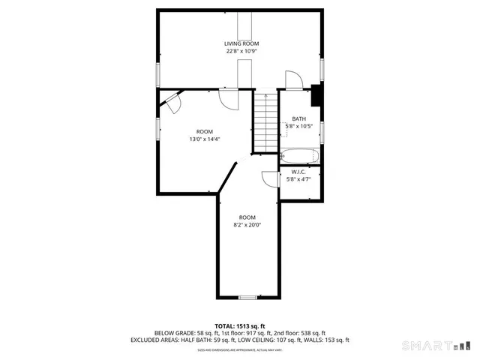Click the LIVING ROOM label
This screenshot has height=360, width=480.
[x=241, y=43]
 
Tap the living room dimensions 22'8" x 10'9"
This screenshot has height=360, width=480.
[x=241, y=51]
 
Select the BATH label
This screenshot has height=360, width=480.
[x=298, y=119]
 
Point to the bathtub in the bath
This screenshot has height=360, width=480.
[x=300, y=157]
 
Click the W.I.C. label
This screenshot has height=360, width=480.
[x=298, y=172]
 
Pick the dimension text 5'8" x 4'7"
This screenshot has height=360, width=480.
[x=298, y=179]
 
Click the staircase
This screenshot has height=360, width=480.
[x=265, y=121]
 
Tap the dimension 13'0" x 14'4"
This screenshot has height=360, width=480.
[x=204, y=138]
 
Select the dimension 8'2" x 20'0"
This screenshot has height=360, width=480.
[x=247, y=224]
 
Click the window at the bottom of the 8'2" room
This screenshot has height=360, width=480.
[x=247, y=298]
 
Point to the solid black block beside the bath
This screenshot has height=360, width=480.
[x=316, y=95]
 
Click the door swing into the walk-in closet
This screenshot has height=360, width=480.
[x=268, y=178]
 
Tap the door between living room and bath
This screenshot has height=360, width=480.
[x=293, y=80]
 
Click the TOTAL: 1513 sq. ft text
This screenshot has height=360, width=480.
[x=240, y=326]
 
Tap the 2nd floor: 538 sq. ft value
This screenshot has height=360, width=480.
[x=301, y=333]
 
